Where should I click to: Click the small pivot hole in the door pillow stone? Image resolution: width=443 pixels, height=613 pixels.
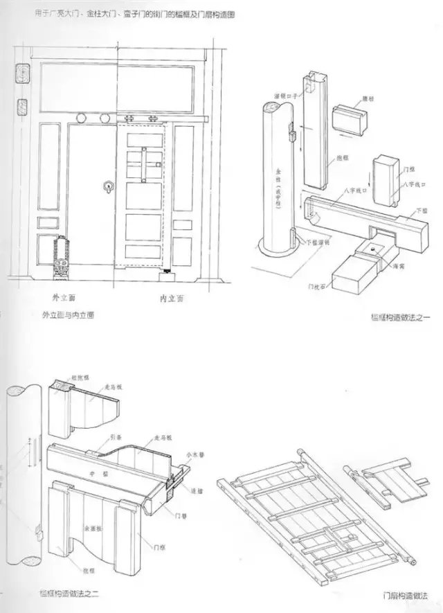coord(373,247)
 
